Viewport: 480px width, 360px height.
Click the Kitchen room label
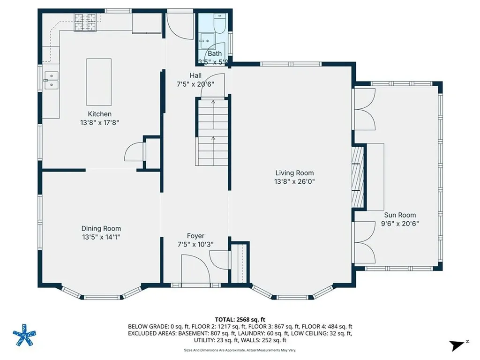(x=99, y=114)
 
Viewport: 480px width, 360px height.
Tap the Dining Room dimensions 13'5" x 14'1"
(x=101, y=237)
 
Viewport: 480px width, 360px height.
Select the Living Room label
(x=294, y=173)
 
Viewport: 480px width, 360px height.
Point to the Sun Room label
(x=400, y=215)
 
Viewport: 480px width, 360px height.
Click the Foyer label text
(x=195, y=236)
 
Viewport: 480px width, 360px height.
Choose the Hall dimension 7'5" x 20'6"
(x=195, y=84)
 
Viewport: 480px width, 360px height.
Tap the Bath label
(x=215, y=53)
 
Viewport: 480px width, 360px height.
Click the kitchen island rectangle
(x=99, y=82)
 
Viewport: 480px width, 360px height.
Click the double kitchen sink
(x=51, y=80)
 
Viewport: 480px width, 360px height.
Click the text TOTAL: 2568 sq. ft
(x=240, y=319)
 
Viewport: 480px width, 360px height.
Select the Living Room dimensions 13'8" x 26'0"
(x=294, y=181)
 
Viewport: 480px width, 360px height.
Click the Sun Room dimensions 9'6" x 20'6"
(x=400, y=224)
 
